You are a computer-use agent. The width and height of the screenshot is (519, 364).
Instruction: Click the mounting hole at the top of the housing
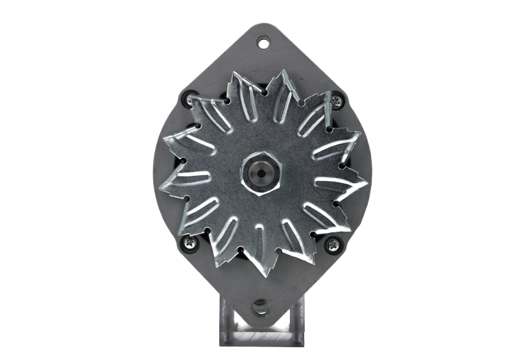point(264,44)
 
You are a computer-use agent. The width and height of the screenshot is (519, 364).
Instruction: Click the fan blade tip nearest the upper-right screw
point(324,91)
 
